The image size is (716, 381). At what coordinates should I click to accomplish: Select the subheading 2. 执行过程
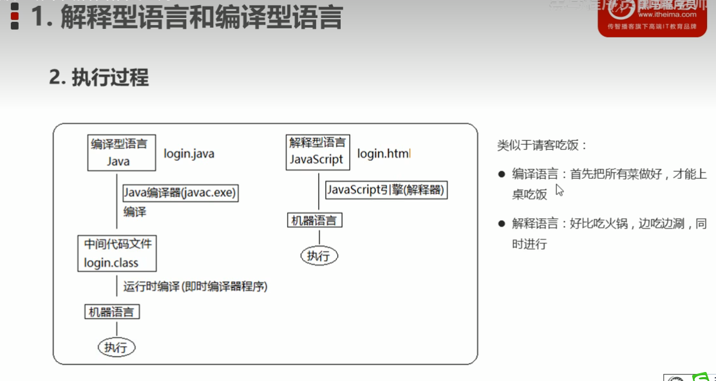99,78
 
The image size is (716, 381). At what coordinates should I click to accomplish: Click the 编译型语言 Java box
121,153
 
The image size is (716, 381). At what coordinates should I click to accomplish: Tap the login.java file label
189,154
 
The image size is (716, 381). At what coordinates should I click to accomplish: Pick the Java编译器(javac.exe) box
180,192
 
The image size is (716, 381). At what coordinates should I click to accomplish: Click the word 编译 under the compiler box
135,212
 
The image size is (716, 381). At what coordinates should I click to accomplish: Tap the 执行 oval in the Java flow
117,348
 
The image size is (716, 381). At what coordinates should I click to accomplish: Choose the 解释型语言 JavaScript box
317,152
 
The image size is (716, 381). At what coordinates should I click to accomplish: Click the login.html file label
383,154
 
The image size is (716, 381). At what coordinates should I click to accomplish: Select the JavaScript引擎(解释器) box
386,190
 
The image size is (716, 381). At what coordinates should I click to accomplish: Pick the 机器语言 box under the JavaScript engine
314,221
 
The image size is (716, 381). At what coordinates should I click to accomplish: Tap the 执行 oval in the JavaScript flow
319,256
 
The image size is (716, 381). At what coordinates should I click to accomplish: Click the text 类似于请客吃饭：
542,145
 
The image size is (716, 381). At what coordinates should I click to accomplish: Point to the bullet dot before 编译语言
502,174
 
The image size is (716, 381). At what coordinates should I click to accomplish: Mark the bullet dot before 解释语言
502,224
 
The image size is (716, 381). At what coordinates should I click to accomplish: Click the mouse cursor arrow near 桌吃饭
559,190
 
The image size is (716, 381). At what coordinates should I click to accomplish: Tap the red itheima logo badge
652,17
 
